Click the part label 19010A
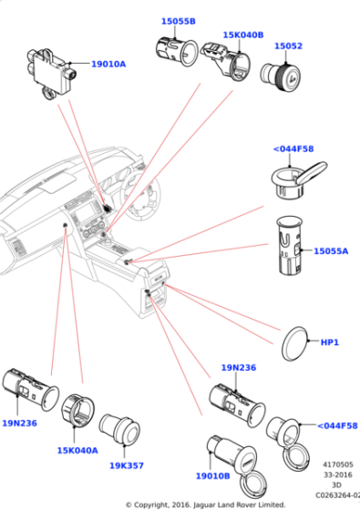click(108, 64)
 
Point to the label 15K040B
click(242, 35)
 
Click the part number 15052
click(288, 45)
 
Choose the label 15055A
click(332, 250)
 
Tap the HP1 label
click(329, 342)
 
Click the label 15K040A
click(78, 449)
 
